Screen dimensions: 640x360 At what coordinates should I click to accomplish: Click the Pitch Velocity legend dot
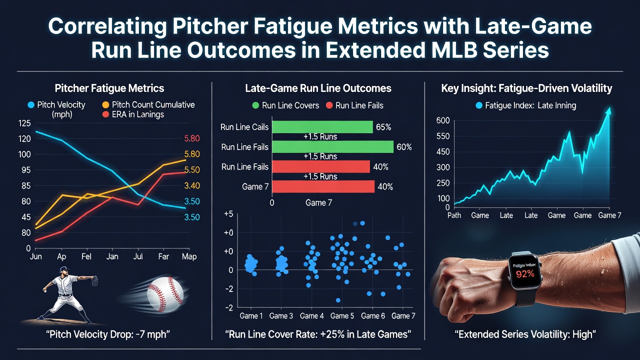click(x=31, y=105)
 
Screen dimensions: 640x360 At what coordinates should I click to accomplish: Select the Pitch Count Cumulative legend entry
click(x=148, y=105)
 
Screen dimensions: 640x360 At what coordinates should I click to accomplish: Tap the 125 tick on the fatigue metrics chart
click(x=24, y=123)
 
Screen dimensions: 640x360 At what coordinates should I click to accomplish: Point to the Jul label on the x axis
click(x=138, y=256)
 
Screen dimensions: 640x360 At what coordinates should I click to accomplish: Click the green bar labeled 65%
click(x=322, y=127)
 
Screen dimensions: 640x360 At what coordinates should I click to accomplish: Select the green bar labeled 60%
click(x=333, y=147)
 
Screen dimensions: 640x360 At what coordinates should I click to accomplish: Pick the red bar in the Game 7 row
click(x=323, y=186)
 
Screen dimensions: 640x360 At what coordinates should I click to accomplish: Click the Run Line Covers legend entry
click(x=285, y=105)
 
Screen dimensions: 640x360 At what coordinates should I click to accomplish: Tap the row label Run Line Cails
click(x=244, y=127)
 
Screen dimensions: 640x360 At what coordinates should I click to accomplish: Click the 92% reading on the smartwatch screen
click(x=525, y=274)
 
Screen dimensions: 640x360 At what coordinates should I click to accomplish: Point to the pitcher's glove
click(x=95, y=280)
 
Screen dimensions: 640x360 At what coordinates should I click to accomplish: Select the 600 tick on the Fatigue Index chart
click(x=443, y=120)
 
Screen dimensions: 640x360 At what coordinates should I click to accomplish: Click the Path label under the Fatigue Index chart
click(x=454, y=215)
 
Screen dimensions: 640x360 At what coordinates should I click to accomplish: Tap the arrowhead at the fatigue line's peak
click(x=609, y=110)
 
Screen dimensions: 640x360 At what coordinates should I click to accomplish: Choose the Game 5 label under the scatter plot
click(x=342, y=316)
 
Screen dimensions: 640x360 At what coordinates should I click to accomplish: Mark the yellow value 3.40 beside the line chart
click(x=191, y=185)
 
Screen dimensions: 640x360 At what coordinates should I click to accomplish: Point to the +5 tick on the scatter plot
click(x=228, y=213)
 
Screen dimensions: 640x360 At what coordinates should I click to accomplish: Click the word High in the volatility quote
click(x=583, y=334)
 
